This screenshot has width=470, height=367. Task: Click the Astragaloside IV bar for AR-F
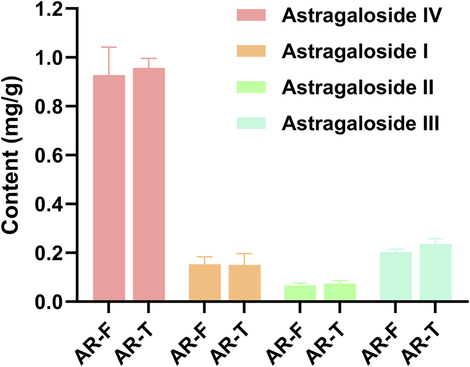click(x=109, y=188)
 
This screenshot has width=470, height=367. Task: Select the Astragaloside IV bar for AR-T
click(x=149, y=185)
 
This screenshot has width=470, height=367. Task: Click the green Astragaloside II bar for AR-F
click(x=300, y=293)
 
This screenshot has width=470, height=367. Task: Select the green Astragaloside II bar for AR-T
click(x=340, y=292)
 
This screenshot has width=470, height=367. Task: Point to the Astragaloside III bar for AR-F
click(x=395, y=277)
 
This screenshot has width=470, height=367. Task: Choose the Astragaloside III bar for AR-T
click(x=435, y=273)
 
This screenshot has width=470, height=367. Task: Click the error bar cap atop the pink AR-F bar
click(x=109, y=47)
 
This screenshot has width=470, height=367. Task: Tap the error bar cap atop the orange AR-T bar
click(x=244, y=253)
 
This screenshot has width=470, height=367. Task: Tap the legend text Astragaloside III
click(x=361, y=123)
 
